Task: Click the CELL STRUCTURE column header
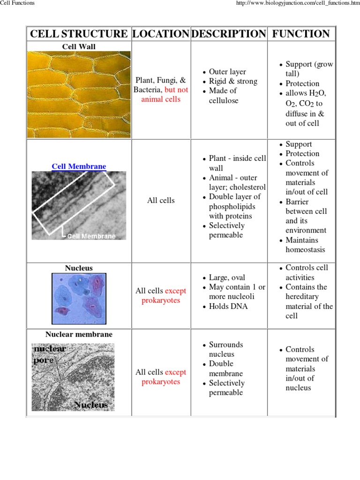point(79,34)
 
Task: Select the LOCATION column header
point(161,34)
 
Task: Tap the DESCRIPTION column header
point(229,34)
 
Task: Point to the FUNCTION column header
point(301,34)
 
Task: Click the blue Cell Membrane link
point(79,166)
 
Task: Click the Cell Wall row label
point(79,46)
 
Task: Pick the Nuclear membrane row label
point(79,334)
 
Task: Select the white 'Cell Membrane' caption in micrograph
point(91,236)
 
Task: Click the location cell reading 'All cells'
point(161,201)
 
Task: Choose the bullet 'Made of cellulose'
point(224,96)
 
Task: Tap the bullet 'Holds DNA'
point(228,307)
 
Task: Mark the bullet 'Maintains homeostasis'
point(305,245)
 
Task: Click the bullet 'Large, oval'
point(227,277)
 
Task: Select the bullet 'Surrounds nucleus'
point(225,349)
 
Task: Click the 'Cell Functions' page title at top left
point(17,3)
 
